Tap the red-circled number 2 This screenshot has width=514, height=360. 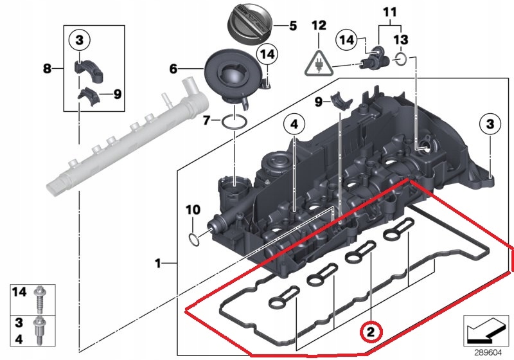point(370,332)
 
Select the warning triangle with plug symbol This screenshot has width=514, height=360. point(319,62)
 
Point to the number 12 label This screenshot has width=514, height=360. point(319,26)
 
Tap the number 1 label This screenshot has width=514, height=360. point(157,263)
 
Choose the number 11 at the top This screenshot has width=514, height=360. point(389,12)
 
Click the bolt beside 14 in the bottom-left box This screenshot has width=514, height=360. point(40,297)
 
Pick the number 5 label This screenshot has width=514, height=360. point(292,26)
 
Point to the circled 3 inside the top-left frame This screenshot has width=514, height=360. point(79,41)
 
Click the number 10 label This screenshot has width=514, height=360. point(193,210)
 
